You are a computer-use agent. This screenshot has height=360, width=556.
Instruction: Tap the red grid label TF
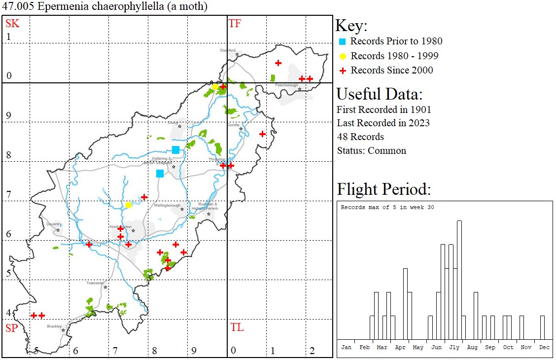coord(235,23)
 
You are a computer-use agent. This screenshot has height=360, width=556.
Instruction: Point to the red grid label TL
coord(237,327)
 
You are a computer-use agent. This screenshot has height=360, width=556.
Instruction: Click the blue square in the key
coord(343,41)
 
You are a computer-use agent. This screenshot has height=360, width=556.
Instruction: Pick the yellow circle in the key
coord(343,56)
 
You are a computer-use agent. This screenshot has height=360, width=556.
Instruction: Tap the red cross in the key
coord(343,71)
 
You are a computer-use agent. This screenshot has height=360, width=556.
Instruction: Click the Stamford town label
coord(228,50)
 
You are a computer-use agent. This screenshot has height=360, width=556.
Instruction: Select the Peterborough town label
coord(287,85)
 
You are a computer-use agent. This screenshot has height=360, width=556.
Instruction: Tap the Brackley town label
coord(54,326)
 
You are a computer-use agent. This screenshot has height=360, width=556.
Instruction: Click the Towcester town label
coord(95,283)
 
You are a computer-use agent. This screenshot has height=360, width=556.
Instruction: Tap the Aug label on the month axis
coord(472,347)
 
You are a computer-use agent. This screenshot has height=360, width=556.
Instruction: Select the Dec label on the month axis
coord(544,347)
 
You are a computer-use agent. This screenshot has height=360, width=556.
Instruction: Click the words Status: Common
coord(371,151)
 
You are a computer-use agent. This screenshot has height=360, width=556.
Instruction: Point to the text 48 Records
coord(360,137)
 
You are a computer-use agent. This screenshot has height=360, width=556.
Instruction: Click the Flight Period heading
coord(384,189)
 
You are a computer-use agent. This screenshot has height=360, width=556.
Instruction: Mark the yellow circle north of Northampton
coord(128,205)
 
